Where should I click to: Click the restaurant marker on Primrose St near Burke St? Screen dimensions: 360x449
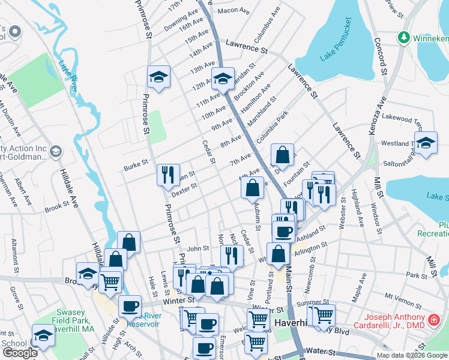[168, 175]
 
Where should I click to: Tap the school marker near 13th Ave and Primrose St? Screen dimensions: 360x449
[158, 76]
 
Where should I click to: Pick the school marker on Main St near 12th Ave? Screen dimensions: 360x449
[222, 78]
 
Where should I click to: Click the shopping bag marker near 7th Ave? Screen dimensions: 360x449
[282, 155]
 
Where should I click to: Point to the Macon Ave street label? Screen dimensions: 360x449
[234, 11]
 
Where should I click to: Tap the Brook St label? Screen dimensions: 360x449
[58, 206]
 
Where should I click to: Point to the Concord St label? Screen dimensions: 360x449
[380, 53]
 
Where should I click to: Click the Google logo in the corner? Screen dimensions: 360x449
[20, 353]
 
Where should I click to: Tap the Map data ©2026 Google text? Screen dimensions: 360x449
[411, 355]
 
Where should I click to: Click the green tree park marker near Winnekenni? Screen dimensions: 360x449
[404, 37]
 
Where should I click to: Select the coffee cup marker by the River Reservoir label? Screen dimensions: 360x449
[129, 306]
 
